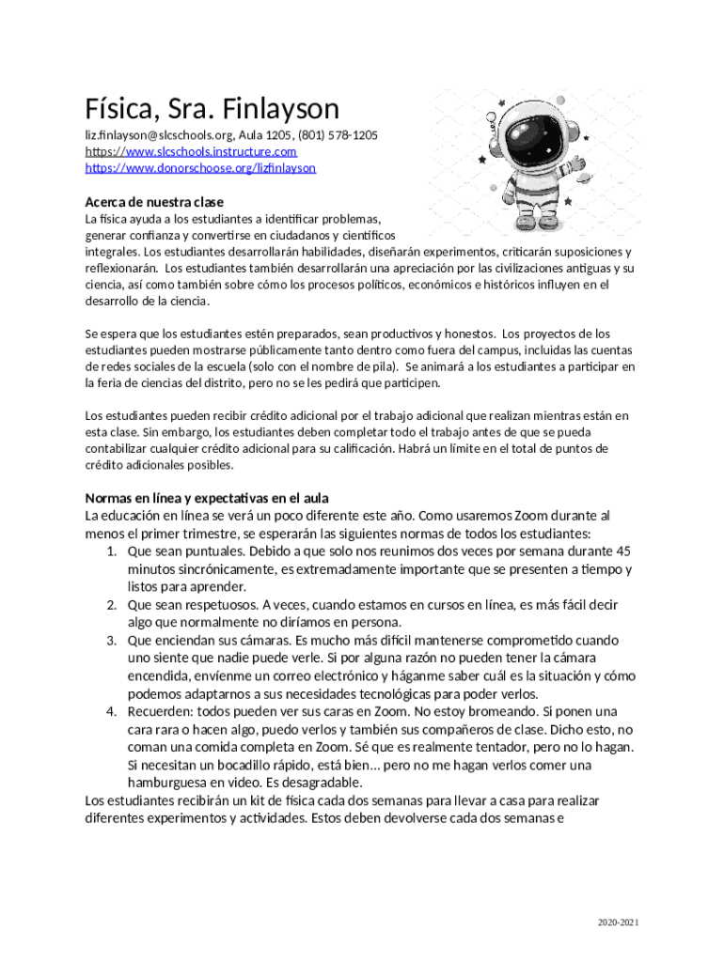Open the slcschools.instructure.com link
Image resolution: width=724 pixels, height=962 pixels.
(191, 151)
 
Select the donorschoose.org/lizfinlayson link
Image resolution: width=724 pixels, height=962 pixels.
(200, 168)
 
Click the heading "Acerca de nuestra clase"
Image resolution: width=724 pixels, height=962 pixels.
(154, 202)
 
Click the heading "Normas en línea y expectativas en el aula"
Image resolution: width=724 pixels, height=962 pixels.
(206, 498)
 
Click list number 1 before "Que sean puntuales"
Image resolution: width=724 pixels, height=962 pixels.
(111, 551)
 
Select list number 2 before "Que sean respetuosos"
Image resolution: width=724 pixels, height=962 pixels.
(111, 605)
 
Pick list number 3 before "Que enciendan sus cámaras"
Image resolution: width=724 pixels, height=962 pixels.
(111, 641)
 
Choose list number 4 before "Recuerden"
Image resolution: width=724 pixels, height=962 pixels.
(111, 712)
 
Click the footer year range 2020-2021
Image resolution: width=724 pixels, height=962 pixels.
(618, 923)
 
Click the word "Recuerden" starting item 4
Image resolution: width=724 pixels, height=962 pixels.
(160, 712)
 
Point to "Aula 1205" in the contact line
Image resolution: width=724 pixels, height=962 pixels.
(265, 135)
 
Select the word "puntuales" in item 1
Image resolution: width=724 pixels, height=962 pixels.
(215, 551)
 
